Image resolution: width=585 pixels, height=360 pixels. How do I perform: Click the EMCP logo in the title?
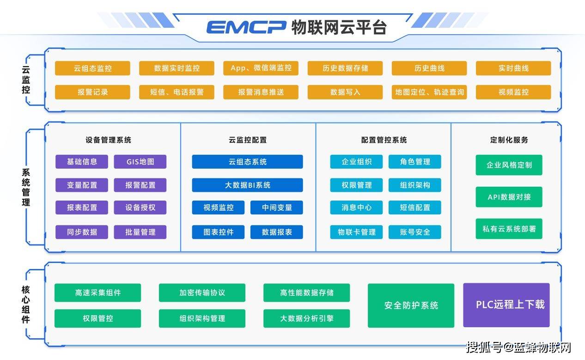pyautogui.click(x=246, y=27)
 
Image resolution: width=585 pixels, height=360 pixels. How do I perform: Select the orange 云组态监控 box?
pyautogui.click(x=92, y=68)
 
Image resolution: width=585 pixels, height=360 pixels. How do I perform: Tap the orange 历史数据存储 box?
pyautogui.click(x=345, y=68)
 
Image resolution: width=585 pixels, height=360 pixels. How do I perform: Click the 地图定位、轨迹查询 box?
pyautogui.click(x=429, y=92)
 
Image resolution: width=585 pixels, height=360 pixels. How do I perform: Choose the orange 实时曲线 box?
pyautogui.click(x=513, y=68)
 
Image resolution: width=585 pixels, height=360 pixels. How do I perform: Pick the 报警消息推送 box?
pyautogui.click(x=261, y=92)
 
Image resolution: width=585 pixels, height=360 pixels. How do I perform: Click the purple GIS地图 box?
pyautogui.click(x=140, y=162)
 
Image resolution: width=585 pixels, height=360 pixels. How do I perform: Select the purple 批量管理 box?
pyautogui.click(x=140, y=232)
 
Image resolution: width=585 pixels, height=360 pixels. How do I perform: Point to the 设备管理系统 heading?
pyautogui.click(x=108, y=140)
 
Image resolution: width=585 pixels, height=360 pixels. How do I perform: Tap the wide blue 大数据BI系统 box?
pyautogui.click(x=247, y=185)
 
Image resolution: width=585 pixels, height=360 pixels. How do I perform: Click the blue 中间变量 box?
pyautogui.click(x=277, y=207)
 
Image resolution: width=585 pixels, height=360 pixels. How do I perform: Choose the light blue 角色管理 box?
pyautogui.click(x=414, y=162)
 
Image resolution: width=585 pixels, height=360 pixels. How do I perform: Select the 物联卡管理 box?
pyautogui.click(x=356, y=232)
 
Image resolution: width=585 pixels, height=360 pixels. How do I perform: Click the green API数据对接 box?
pyautogui.click(x=509, y=197)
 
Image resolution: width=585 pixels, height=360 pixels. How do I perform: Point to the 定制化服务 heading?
pyautogui.click(x=509, y=140)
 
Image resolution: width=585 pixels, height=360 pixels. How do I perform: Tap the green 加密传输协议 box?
pyautogui.click(x=202, y=293)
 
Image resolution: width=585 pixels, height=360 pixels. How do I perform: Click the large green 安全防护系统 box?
pyautogui.click(x=411, y=305)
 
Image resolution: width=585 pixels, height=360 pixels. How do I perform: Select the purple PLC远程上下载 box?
pyautogui.click(x=506, y=305)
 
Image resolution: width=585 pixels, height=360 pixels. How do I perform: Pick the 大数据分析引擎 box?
pyautogui.click(x=306, y=318)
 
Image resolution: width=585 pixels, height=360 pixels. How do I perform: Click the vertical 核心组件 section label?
pyautogui.click(x=26, y=305)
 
